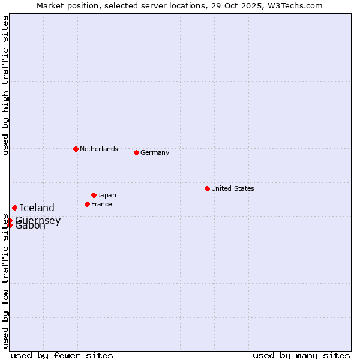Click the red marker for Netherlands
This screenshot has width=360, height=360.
[x=76, y=149]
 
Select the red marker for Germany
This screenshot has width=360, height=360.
[x=136, y=152]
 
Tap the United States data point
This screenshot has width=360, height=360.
[x=207, y=188]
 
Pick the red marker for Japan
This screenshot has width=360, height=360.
[x=94, y=195]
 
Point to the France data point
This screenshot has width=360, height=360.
[x=87, y=204]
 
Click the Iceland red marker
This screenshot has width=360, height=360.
[x=14, y=208]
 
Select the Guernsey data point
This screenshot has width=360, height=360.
[x=10, y=220]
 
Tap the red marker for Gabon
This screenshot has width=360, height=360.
[x=10, y=225]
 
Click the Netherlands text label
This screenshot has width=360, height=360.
[x=99, y=149]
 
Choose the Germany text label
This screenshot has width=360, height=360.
[x=155, y=152]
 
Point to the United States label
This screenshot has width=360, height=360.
[x=233, y=188]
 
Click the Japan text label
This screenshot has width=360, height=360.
[x=107, y=195]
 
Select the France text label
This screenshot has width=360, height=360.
[x=101, y=204]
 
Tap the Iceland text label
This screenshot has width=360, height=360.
[x=37, y=208]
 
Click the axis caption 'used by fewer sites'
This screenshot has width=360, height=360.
[x=62, y=355]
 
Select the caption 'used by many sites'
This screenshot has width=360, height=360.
[x=301, y=355]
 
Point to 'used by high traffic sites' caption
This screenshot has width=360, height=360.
[x=5, y=85]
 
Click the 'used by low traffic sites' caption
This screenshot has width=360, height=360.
[x=5, y=282]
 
